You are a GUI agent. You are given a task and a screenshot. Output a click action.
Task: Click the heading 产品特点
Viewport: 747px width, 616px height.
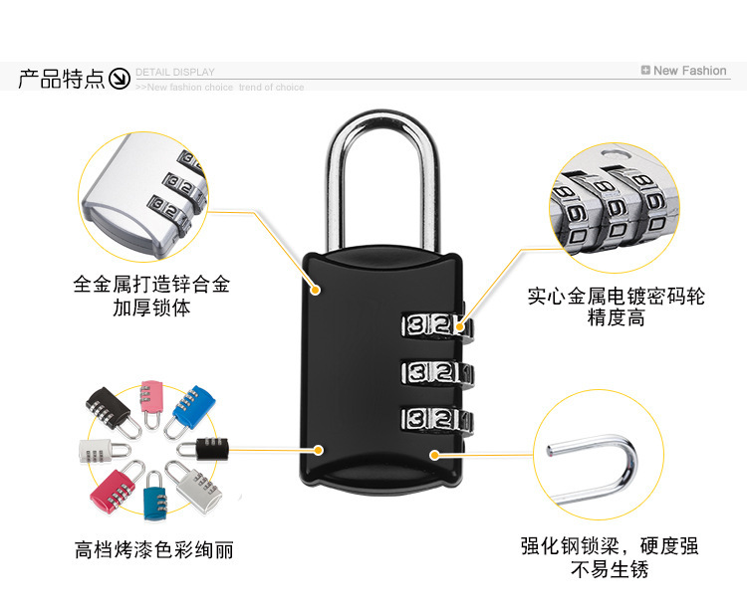61,80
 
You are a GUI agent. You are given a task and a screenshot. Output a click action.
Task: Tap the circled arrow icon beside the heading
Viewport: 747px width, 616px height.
120,80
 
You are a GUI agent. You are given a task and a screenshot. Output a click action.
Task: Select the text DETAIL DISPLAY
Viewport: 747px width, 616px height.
175,73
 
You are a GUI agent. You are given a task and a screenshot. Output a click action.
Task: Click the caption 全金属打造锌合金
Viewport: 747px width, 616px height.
151,285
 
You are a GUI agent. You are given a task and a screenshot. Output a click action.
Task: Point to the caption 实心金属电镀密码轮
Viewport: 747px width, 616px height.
617,297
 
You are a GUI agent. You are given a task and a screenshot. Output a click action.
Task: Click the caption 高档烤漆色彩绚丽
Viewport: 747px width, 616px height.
153,548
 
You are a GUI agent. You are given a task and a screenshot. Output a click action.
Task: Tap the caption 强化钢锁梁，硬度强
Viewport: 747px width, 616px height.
609,545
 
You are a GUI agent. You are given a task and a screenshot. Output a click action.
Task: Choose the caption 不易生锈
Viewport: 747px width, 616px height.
609,570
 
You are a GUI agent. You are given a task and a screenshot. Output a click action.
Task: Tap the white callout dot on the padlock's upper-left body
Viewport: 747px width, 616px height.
317,290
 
